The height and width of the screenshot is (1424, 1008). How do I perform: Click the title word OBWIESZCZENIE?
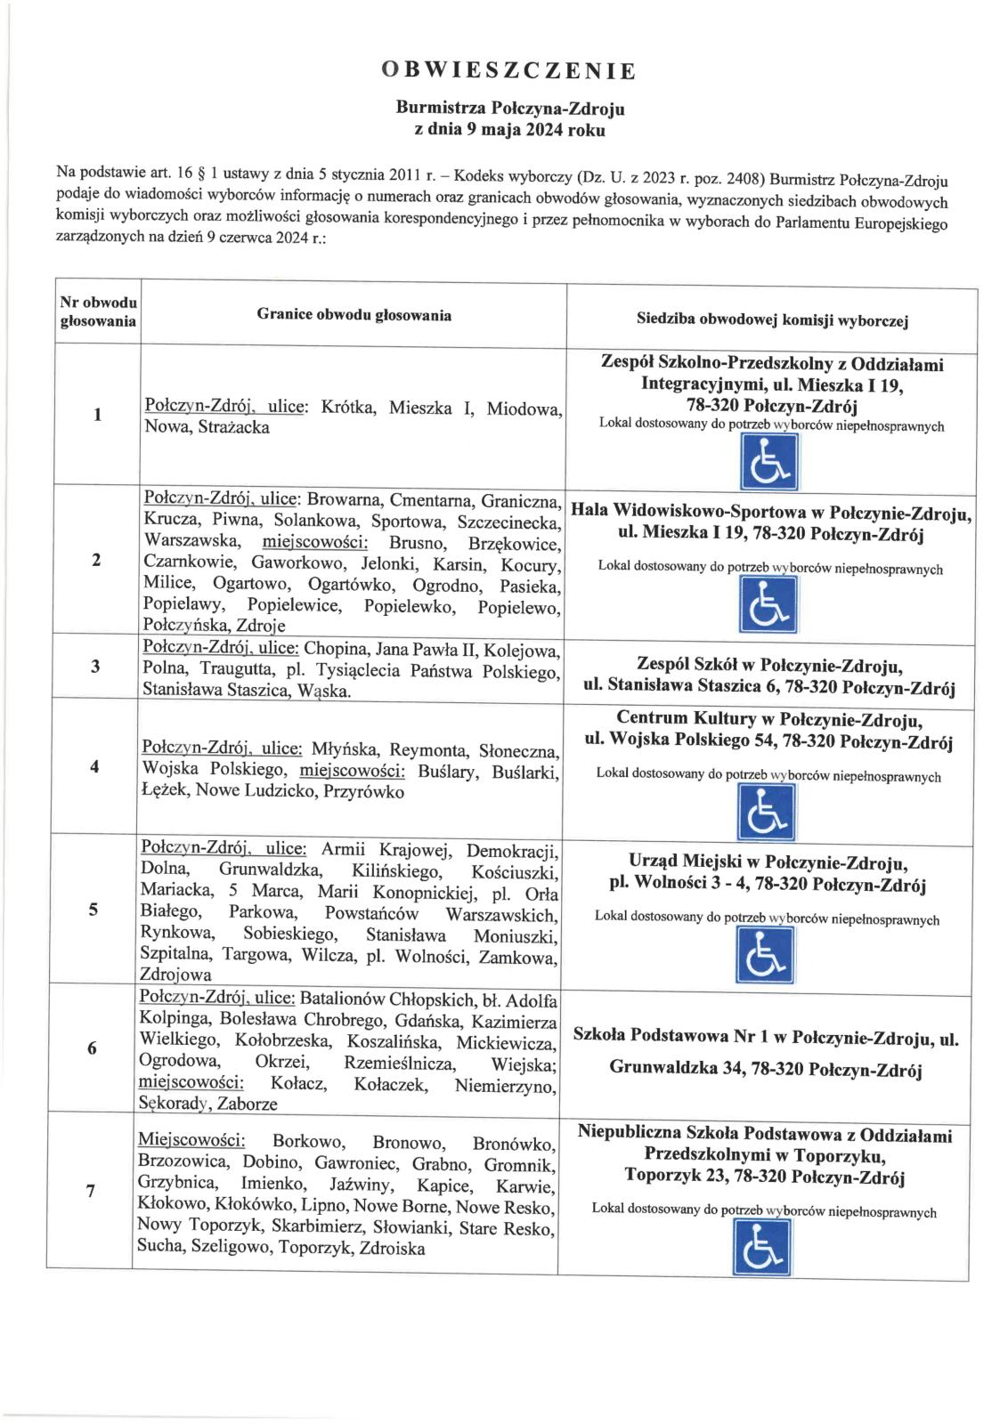point(508,71)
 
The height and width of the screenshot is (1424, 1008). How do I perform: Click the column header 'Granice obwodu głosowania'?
point(354,315)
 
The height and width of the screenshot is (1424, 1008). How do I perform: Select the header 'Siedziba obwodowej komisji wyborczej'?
point(772,320)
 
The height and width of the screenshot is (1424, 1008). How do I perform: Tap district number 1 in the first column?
point(97,415)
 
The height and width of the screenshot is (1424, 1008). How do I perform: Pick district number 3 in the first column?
point(95,667)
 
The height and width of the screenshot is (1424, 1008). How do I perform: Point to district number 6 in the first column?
point(92,1048)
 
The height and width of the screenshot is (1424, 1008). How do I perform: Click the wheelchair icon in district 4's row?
point(767,815)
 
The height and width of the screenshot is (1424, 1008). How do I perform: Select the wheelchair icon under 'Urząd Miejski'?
point(766,954)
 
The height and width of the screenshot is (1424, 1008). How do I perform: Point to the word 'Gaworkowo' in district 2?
point(289,563)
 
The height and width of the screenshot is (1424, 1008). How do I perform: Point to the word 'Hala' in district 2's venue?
point(589,513)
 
